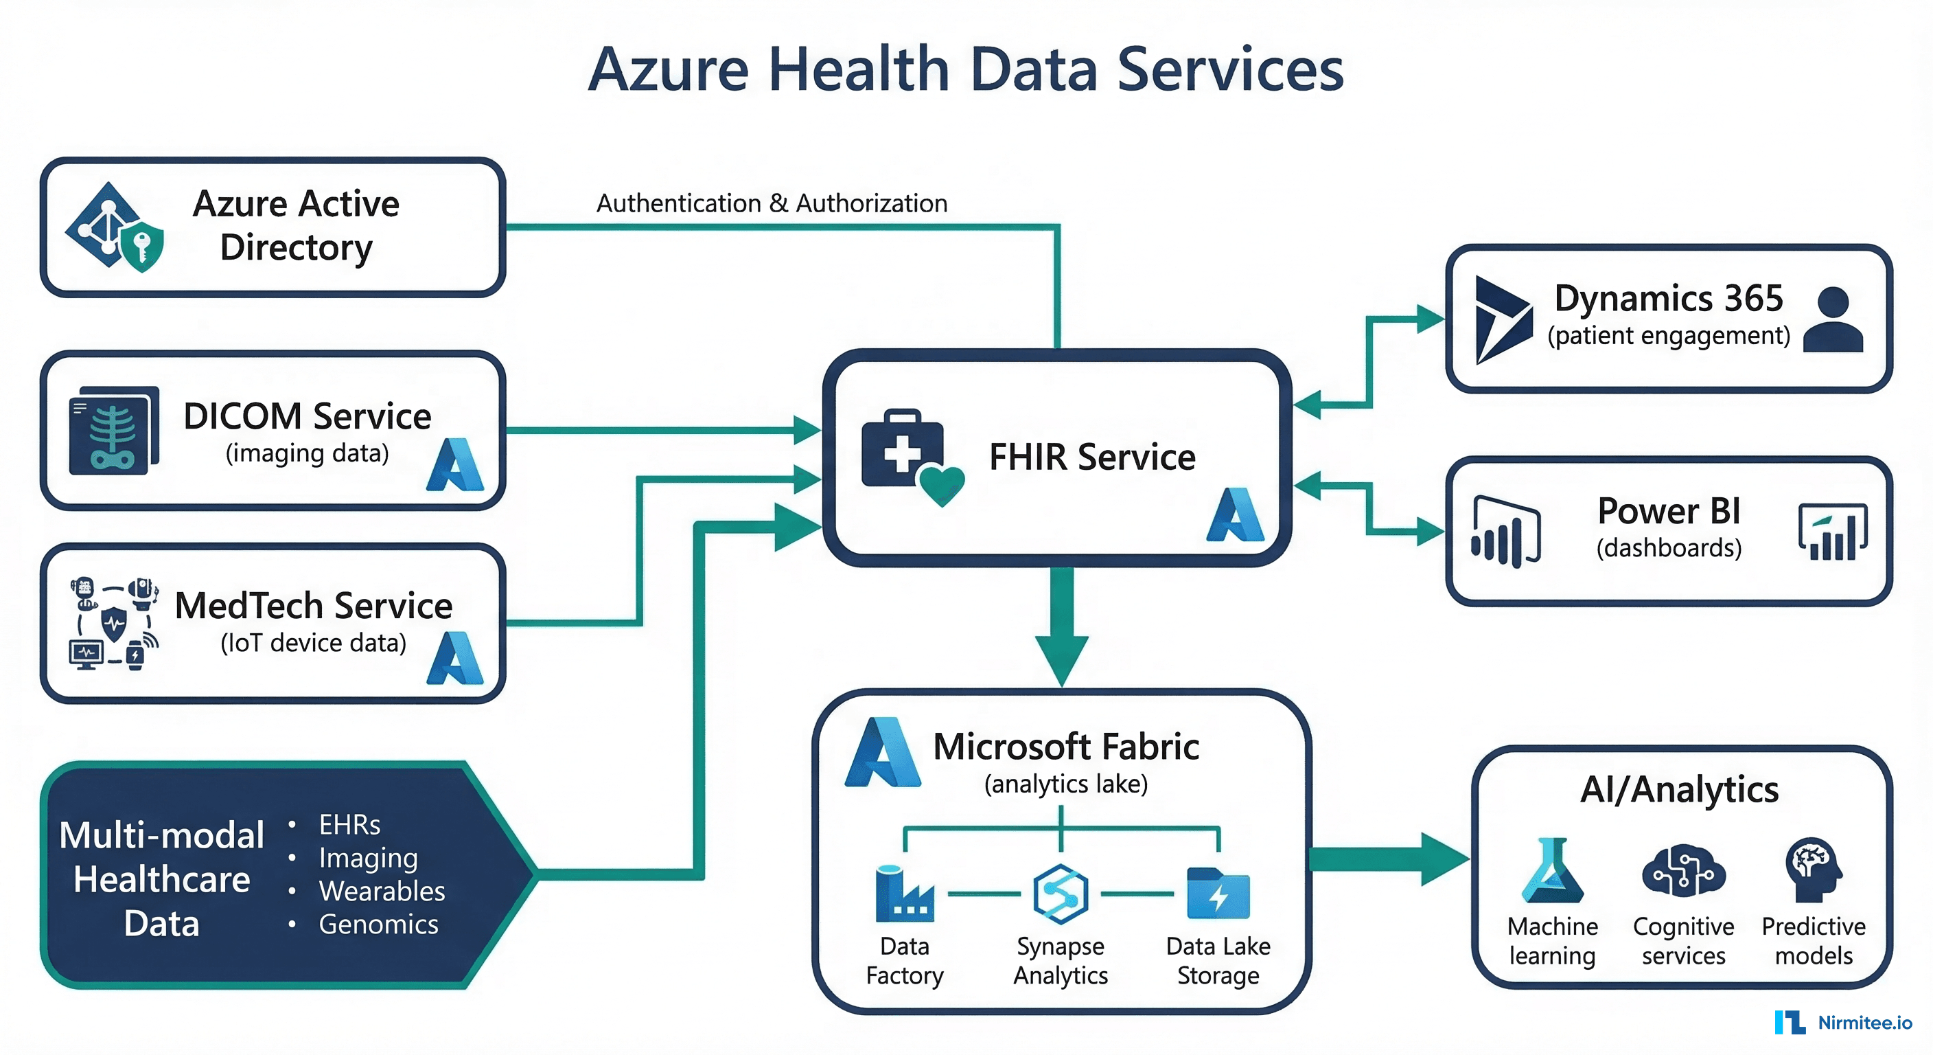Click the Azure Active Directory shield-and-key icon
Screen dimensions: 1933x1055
point(115,227)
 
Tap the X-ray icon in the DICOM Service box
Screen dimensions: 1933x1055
point(114,430)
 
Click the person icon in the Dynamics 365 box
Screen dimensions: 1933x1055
point(1833,319)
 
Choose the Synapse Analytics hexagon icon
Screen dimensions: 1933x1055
point(1061,894)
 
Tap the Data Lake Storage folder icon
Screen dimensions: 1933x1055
point(1218,894)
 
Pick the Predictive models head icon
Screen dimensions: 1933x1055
point(1814,870)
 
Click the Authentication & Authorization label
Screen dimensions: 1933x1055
point(772,203)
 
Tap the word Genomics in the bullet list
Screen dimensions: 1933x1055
point(378,924)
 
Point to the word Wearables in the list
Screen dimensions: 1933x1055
point(382,891)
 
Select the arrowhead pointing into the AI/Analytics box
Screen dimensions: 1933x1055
point(1445,859)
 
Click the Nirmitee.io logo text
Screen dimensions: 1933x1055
point(1865,1023)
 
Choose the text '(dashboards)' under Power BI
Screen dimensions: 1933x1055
point(1669,548)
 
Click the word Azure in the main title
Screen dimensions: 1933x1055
point(669,69)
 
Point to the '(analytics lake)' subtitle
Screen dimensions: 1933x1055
point(1065,784)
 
